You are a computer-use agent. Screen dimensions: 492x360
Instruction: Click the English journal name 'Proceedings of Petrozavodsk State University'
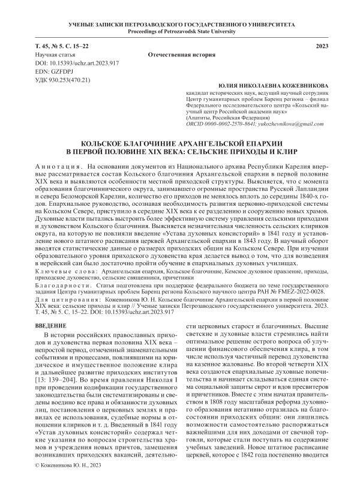[x=180, y=31]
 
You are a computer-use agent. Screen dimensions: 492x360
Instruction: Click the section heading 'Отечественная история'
[x=180, y=55]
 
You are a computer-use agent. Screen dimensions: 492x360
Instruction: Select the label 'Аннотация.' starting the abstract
[x=55, y=165]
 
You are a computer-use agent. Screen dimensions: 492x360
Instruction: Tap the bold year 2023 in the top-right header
[x=323, y=46]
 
